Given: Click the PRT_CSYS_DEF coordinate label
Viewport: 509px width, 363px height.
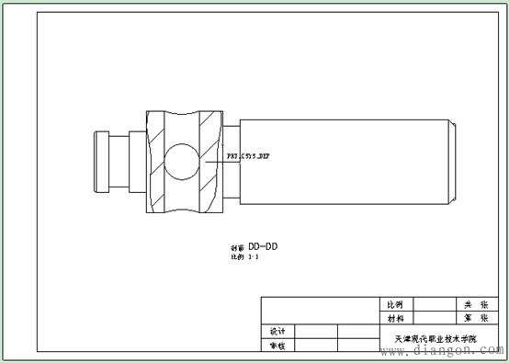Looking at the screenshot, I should coord(249,157).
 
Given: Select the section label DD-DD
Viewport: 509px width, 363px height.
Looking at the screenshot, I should coord(263,247).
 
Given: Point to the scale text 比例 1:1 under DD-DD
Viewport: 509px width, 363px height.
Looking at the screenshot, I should coord(244,258).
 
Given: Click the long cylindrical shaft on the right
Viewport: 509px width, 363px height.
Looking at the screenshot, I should coord(340,161).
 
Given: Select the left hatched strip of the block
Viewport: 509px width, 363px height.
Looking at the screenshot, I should coord(153,161).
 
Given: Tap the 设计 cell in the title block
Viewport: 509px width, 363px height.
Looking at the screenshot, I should coord(277,331).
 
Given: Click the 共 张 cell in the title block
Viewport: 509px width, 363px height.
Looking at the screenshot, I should coord(473,304).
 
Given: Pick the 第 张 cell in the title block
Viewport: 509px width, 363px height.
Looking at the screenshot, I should coord(473,317).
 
